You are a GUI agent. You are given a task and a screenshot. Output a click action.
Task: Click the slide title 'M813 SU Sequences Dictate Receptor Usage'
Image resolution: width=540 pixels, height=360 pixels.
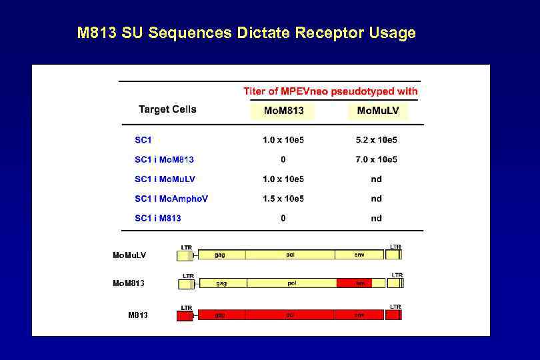coord(247,33)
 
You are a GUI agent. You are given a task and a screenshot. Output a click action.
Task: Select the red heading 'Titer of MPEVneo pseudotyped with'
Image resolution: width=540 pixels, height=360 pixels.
coord(331,91)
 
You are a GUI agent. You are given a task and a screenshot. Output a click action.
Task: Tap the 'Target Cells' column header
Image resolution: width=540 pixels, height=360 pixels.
coord(167,109)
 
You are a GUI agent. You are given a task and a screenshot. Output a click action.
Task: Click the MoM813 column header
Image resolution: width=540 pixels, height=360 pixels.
coord(283,110)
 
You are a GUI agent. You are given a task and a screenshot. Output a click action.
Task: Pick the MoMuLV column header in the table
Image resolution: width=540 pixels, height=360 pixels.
coord(377,110)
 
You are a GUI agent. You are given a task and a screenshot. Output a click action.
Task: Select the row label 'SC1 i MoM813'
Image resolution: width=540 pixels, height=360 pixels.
coord(164,159)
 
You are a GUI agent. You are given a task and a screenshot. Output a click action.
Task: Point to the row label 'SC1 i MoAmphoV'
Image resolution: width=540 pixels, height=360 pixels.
coord(171,199)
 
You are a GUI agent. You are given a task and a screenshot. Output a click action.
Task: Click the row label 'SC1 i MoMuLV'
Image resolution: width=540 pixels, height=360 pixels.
coord(165,179)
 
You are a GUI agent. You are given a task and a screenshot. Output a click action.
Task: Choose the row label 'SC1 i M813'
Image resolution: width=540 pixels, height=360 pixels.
coord(158,218)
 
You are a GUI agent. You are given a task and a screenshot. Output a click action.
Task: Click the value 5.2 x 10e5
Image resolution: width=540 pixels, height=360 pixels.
coord(377,139)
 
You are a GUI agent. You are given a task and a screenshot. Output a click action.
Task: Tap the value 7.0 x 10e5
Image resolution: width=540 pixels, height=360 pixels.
coord(377,159)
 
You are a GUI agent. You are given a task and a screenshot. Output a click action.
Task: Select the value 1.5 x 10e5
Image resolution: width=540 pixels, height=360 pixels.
coord(283,199)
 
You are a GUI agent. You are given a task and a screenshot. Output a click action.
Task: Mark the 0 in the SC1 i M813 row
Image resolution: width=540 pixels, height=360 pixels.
coord(283,218)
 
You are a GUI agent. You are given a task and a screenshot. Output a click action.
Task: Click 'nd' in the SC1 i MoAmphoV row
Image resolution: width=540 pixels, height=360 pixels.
coord(377,199)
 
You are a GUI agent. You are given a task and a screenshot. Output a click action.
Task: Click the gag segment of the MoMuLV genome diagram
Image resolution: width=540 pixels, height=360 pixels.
coord(220,255)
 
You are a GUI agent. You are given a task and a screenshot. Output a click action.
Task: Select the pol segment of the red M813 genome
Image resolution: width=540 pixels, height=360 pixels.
coord(291,315)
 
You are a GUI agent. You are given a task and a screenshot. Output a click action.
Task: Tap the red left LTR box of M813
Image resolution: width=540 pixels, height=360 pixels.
coord(185,315)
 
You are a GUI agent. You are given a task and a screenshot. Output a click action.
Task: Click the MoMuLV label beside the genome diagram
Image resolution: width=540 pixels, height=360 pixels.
coord(129,255)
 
